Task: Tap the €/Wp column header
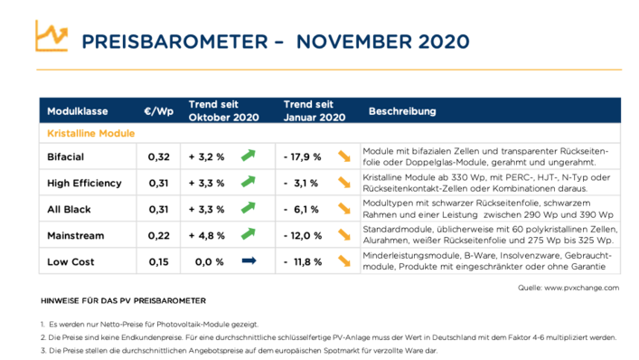(158, 111)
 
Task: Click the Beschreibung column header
(402, 111)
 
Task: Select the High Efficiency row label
(83, 184)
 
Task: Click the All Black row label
(68, 210)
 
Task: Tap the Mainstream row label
(74, 236)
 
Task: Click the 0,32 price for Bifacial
(158, 157)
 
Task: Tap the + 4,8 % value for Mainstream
(206, 236)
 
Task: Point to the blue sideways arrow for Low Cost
(249, 261)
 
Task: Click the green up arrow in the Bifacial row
(249, 156)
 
